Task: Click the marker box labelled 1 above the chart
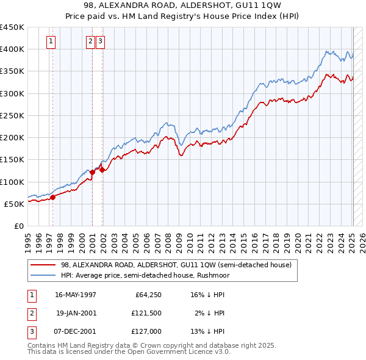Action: (x=50, y=41)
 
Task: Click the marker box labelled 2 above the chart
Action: (x=90, y=41)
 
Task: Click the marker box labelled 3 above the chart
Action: (x=100, y=41)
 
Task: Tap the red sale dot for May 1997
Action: (x=53, y=197)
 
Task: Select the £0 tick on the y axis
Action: (x=19, y=226)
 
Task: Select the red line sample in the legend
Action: (x=43, y=265)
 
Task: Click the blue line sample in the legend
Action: (x=43, y=275)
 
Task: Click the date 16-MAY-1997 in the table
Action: (x=76, y=295)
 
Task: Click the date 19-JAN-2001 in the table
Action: (x=76, y=313)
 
